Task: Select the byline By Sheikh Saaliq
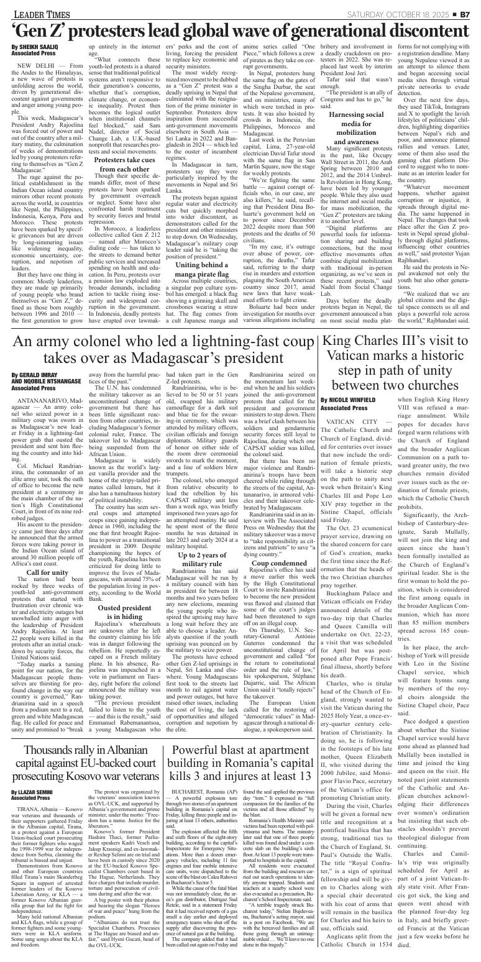point(32,47)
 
